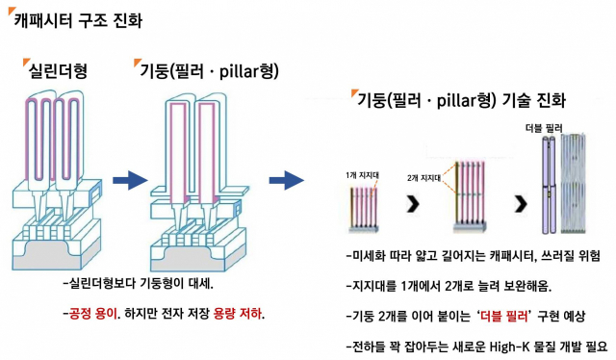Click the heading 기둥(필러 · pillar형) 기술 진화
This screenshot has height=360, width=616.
(461, 99)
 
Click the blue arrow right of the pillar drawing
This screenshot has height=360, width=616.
(286, 179)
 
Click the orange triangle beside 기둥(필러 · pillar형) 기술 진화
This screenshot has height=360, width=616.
(352, 92)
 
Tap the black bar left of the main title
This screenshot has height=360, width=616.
(9, 21)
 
